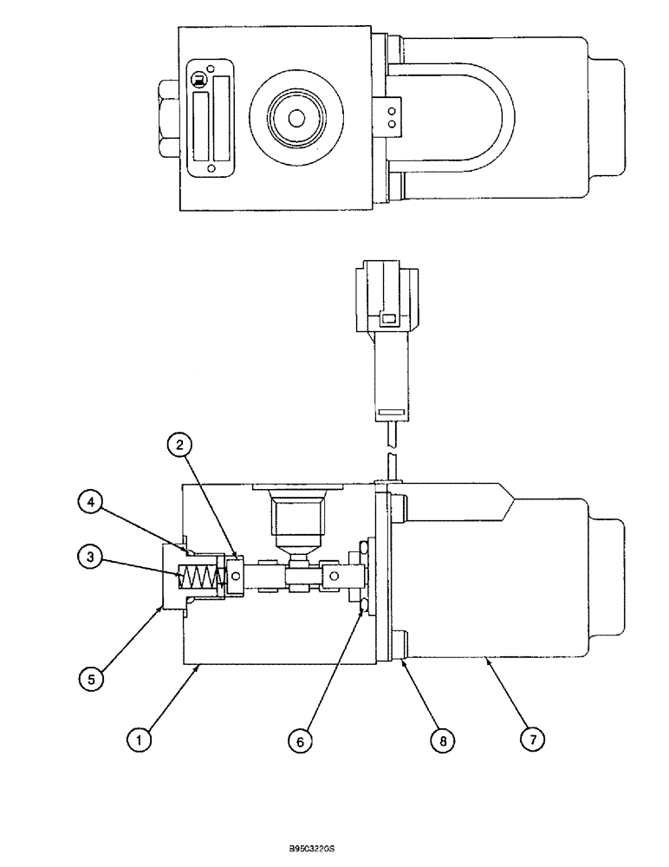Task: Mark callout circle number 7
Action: tap(531, 740)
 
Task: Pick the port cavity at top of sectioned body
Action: tap(297, 518)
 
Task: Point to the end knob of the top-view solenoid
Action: tap(607, 117)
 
